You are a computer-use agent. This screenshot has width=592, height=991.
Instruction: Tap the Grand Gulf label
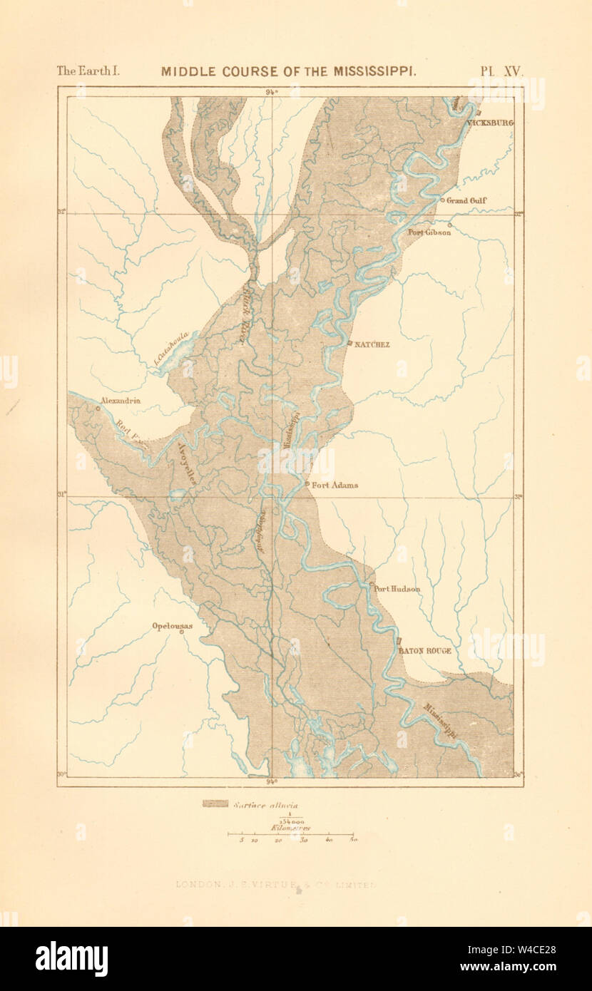(x=466, y=201)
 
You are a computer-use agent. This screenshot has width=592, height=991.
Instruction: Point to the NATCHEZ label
(x=372, y=344)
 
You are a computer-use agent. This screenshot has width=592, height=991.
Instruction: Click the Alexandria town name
(x=121, y=401)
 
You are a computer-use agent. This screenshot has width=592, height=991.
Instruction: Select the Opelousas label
(x=172, y=627)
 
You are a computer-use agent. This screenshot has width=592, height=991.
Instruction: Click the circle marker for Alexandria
(x=97, y=409)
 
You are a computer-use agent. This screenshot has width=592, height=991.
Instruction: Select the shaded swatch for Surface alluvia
(x=215, y=804)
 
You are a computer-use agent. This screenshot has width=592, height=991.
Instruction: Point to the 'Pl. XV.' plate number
(x=501, y=71)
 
